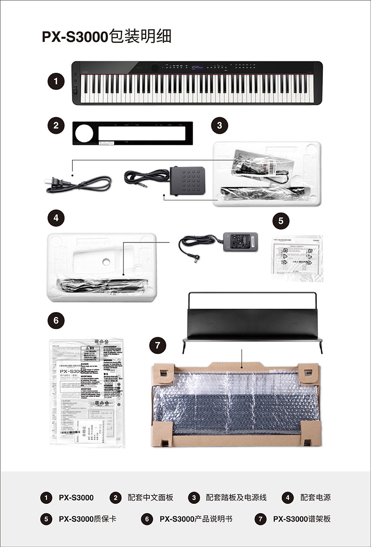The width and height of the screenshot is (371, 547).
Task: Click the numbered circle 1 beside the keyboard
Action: coord(56,81)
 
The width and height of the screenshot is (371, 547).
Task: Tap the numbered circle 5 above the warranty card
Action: coord(281,220)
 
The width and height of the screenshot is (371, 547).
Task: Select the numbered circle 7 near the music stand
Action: coord(157,346)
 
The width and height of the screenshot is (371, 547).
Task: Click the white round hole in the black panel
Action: coord(85,134)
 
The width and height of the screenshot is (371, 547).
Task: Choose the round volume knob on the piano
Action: coord(154,67)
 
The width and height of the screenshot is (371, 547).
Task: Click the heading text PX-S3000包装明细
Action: coord(107,37)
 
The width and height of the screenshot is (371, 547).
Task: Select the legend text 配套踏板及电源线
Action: coord(236,497)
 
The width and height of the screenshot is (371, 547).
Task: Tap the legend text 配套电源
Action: coord(316,497)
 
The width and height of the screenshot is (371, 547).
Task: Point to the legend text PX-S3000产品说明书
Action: coord(196,519)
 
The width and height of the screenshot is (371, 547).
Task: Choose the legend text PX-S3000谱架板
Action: coord(302,519)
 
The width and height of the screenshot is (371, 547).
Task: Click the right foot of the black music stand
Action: coord(321,347)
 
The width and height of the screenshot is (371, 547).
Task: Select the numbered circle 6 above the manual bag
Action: coord(56,320)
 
